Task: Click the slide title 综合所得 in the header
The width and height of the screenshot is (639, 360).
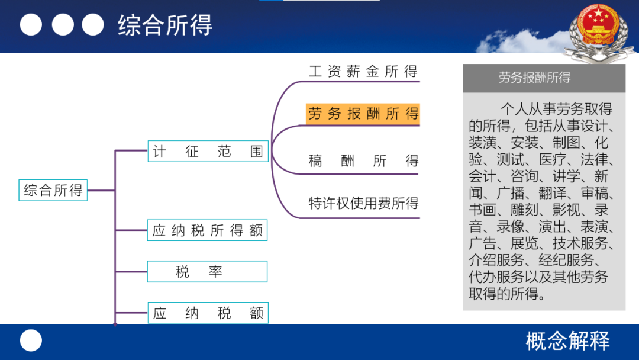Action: pos(165,25)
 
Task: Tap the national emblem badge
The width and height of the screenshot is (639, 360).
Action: pos(598,33)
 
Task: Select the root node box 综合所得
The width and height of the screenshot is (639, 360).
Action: pos(53,190)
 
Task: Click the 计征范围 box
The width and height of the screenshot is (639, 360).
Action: pos(208,151)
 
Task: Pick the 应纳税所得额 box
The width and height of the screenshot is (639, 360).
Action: pos(208,230)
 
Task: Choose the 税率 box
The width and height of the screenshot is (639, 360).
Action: pos(208,272)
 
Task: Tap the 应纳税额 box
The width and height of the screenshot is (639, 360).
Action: pos(208,313)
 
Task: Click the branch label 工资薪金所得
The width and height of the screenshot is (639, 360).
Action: pos(363,71)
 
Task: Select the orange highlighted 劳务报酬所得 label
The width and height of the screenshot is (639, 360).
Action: pos(363,114)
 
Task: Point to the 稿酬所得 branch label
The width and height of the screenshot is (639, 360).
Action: pos(363,161)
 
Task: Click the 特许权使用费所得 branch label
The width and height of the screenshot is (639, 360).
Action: pos(363,203)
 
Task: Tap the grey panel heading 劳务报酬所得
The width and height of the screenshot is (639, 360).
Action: pos(534,78)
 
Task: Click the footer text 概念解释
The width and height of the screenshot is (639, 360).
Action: pos(567,341)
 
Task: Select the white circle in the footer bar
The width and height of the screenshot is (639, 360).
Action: pos(31,340)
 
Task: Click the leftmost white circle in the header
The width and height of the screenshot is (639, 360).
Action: pos(31,24)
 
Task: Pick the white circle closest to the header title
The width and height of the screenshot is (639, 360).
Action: pos(93,24)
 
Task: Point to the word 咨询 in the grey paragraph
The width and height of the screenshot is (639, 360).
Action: pos(524,176)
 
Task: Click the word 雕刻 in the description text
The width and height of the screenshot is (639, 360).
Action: pos(524,210)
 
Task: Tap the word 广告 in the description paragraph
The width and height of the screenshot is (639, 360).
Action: pos(482,243)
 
